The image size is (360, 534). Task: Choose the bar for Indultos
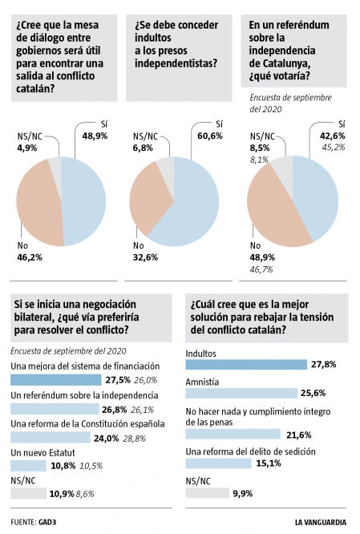[x=246, y=364]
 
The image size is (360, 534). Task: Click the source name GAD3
[x=51, y=521]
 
